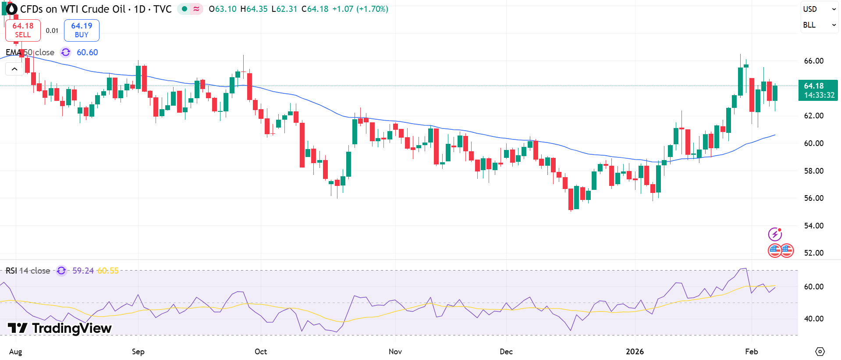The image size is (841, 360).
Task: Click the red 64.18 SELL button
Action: click(23, 30)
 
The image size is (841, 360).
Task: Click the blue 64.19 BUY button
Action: click(82, 30)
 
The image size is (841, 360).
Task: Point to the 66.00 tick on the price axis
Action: click(813, 61)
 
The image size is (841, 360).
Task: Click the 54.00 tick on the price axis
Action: click(813, 225)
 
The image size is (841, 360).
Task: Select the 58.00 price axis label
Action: click(813, 171)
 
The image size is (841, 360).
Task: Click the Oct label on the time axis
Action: click(261, 352)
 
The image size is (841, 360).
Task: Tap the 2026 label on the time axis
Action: click(635, 352)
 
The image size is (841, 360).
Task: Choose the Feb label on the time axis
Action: click(752, 352)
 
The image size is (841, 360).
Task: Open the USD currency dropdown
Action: click(819, 9)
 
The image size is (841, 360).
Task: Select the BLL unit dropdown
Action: click(819, 25)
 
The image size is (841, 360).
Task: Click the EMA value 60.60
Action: click(87, 52)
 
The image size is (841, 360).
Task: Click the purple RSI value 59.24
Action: click(83, 271)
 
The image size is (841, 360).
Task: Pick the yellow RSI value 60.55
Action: click(108, 271)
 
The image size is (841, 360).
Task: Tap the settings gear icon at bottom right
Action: click(820, 352)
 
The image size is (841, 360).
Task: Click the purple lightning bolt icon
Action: click(775, 234)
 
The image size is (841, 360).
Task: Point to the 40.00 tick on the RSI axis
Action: click(813, 319)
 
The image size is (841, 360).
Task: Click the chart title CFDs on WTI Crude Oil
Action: click(73, 9)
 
